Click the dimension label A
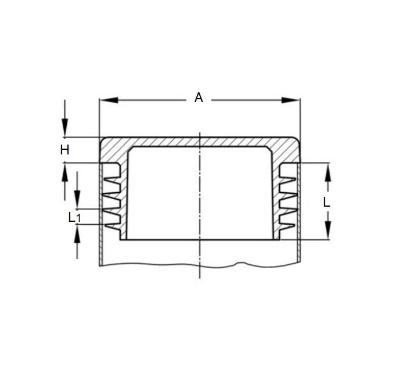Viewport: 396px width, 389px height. click(199, 98)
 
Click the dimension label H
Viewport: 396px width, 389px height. click(65, 150)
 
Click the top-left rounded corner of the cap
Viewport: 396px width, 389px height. click(103, 141)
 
